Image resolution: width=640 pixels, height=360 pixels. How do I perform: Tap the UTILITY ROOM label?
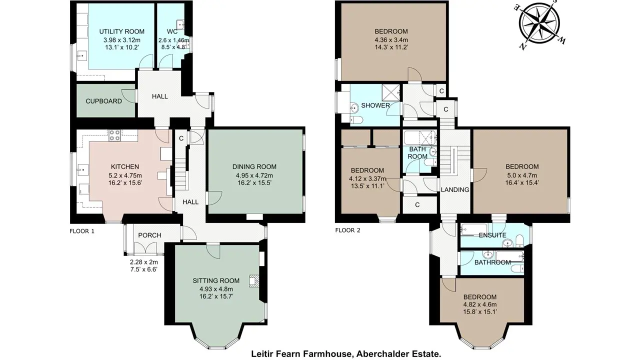(x=121, y=31)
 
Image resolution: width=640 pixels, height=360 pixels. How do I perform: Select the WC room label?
(x=172, y=31)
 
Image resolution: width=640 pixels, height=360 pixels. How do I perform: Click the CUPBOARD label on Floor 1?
(x=103, y=101)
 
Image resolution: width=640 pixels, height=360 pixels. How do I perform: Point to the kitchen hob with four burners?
(x=114, y=135)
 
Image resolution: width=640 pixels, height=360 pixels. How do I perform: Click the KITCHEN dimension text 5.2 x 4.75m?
(x=125, y=175)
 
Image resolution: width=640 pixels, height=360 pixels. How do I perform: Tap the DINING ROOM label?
(x=254, y=166)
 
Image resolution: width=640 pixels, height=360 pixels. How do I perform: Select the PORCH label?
(x=149, y=235)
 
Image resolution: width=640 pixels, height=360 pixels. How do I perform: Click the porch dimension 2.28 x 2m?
(x=143, y=262)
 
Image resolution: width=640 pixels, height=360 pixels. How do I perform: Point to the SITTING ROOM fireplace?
(x=253, y=281)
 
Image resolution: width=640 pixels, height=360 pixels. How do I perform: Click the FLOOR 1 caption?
(x=81, y=231)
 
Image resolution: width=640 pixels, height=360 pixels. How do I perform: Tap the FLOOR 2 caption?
(x=347, y=230)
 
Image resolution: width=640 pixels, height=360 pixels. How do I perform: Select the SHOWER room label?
(x=375, y=105)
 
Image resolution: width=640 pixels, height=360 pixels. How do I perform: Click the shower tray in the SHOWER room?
(x=391, y=91)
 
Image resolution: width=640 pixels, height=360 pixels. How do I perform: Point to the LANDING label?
(x=455, y=189)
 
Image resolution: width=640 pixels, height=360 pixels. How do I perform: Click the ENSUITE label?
(x=492, y=235)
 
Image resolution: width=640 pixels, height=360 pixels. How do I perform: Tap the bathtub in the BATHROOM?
(x=509, y=256)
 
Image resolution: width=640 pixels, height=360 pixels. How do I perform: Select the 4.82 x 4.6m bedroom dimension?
(x=480, y=304)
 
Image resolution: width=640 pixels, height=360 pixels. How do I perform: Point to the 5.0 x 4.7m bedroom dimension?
(x=522, y=175)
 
